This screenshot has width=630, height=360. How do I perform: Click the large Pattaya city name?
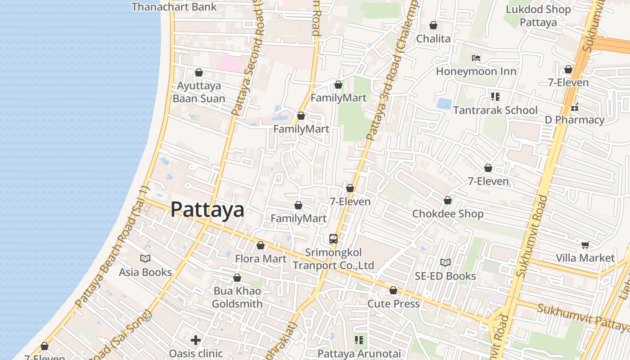pos(207,210)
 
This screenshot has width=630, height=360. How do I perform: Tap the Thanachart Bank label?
pos(174,7)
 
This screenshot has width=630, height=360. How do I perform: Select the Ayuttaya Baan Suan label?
pos(199,92)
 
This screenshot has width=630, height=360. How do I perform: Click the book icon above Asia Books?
pos(145,258)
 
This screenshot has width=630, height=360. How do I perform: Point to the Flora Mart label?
pos(261,259)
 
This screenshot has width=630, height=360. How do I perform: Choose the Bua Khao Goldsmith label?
pos(237,297)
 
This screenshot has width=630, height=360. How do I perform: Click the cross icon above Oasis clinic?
pos(196,340)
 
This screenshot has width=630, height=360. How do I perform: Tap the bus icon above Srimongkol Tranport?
pos(333,238)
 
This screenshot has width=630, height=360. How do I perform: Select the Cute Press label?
pos(393,304)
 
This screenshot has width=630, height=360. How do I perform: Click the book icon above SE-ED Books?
pos(445,262)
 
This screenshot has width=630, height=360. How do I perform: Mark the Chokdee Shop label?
pos(448,214)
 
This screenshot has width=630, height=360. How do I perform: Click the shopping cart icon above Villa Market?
pos(585,245)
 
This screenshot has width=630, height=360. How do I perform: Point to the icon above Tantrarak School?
pos(495,96)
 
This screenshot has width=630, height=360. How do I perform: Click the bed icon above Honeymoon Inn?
pos(476,58)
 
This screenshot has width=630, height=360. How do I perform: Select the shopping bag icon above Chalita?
pos(433,25)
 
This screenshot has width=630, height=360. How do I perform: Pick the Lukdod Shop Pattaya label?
pos(538,16)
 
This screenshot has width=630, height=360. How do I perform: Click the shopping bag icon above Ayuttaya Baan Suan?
pos(199,72)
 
